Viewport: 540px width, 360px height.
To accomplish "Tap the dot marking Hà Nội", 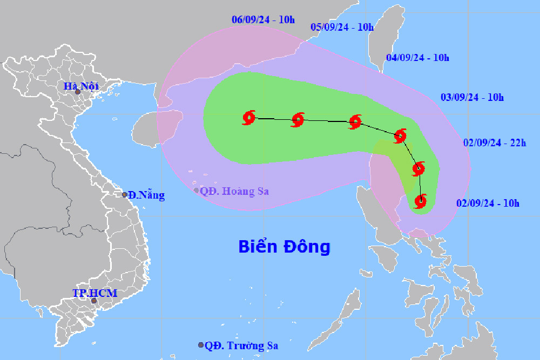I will (x=77, y=92).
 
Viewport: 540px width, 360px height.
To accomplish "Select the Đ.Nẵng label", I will (x=146, y=195).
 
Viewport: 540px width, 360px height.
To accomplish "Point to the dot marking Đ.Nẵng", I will (x=125, y=195).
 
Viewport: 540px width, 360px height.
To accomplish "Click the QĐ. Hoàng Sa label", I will (x=234, y=191).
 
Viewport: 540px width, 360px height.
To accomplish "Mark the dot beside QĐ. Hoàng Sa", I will (x=197, y=190).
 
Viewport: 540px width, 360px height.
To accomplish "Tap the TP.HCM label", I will (x=94, y=293).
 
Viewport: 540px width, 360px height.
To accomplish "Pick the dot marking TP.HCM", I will (x=93, y=301).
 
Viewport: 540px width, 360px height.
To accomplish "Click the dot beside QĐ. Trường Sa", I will (x=201, y=345).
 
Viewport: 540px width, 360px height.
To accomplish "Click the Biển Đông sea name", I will (x=284, y=247).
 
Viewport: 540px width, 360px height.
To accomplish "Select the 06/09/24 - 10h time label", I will (x=263, y=20).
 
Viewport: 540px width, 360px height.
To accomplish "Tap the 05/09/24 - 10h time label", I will (x=342, y=27).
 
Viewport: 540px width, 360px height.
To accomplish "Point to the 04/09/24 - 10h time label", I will (x=418, y=58).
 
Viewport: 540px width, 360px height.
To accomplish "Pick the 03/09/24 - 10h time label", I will (x=472, y=98).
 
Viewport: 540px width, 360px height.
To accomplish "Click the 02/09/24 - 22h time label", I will (x=495, y=143).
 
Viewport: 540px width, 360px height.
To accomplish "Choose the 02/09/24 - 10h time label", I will (x=488, y=203).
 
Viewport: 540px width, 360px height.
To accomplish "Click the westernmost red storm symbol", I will (x=249, y=117).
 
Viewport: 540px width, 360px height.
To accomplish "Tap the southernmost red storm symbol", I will (x=421, y=202).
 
